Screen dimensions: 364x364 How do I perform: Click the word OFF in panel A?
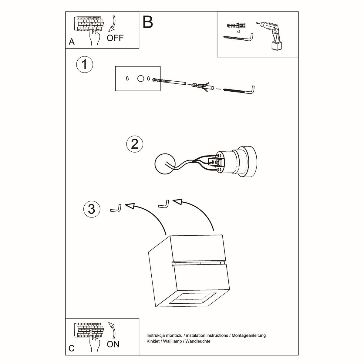[115, 38]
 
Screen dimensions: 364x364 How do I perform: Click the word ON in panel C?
[113, 344]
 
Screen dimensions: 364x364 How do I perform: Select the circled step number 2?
[134, 143]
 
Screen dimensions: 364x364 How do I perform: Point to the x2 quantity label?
[238, 31]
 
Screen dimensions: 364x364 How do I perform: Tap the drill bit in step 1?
[170, 82]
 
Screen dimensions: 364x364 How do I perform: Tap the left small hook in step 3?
[116, 209]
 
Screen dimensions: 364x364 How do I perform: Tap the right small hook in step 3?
[164, 204]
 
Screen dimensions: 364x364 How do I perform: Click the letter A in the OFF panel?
[72, 42]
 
